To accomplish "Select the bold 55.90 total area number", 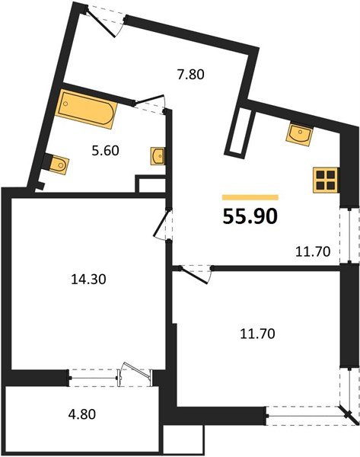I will tap(250, 217).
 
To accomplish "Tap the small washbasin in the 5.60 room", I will tap(158, 156).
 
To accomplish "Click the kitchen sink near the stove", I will tap(300, 135).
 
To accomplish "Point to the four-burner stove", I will tap(325, 179).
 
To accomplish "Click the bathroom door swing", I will tap(152, 103).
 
